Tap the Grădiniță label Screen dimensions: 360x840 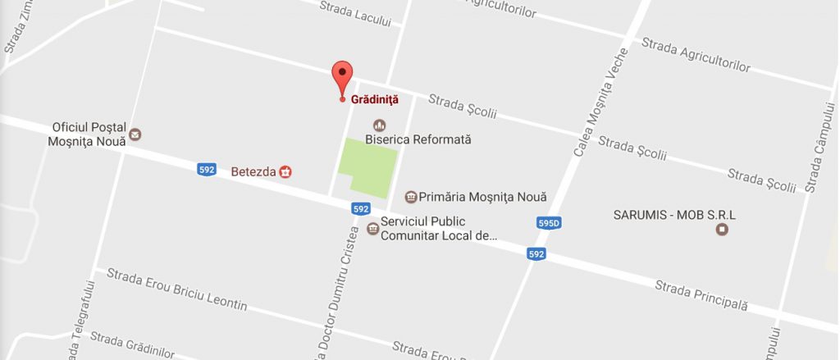374,100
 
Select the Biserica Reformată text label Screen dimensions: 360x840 418,140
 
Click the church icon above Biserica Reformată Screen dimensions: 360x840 379,125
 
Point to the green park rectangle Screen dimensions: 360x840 364,168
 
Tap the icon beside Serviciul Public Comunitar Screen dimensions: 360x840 373,229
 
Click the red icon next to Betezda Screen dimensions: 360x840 285,172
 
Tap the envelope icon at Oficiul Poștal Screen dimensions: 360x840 135,134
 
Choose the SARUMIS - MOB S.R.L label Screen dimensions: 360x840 675,215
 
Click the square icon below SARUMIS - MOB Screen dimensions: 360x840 722,230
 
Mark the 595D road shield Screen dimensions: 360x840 549,223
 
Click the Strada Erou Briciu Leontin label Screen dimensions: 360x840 176,289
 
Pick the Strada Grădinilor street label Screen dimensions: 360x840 132,344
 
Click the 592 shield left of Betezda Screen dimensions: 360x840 207,170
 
